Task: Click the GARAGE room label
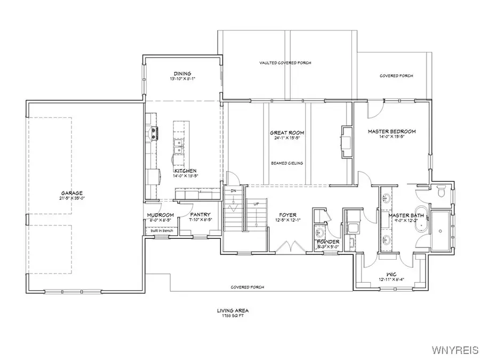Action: tap(71, 193)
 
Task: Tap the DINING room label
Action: tap(182, 74)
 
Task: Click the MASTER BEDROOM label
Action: tap(391, 131)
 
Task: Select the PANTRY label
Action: tap(201, 215)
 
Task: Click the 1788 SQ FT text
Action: tap(233, 315)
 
